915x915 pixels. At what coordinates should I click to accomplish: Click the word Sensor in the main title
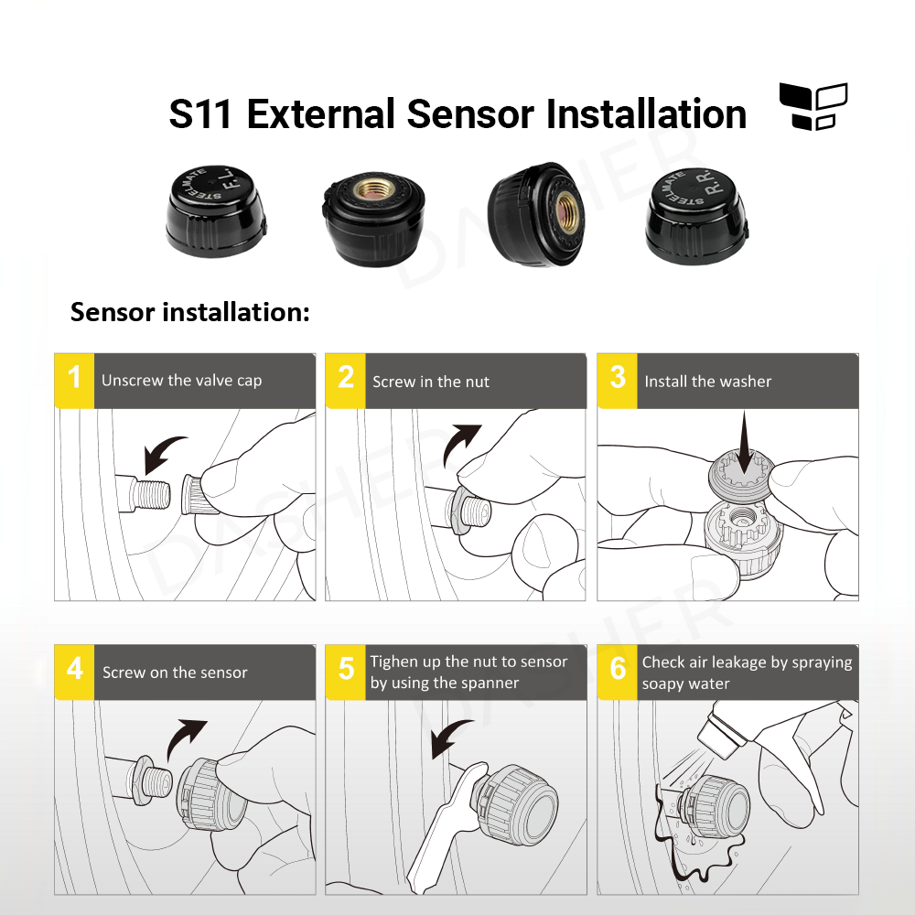pyautogui.click(x=469, y=115)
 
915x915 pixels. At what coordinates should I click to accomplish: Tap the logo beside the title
pyautogui.click(x=813, y=107)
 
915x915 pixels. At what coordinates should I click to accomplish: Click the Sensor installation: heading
pyautogui.click(x=190, y=312)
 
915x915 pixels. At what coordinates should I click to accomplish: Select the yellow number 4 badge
pyautogui.click(x=74, y=672)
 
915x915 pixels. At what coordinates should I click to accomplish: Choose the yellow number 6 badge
pyautogui.click(x=619, y=672)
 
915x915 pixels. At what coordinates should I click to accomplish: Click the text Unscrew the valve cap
pyautogui.click(x=181, y=381)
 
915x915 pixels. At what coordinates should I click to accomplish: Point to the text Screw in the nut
pyautogui.click(x=431, y=382)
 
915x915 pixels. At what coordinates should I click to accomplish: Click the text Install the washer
pyautogui.click(x=707, y=382)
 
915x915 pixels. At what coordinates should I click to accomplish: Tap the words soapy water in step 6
pyautogui.click(x=685, y=684)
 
